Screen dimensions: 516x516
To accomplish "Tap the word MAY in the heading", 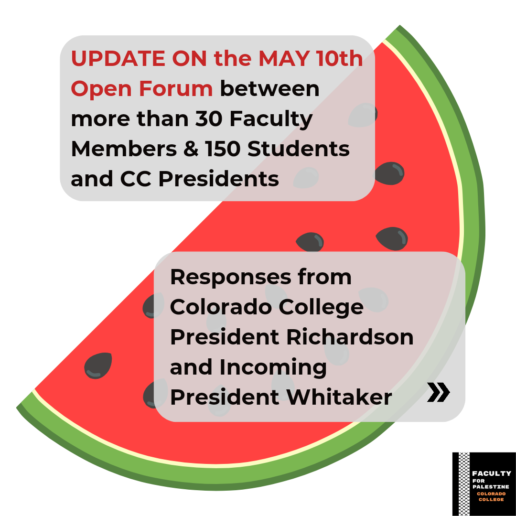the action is click(284, 58).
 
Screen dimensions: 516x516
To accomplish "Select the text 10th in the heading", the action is click(339, 58).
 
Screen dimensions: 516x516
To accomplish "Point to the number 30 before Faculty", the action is click(209, 118).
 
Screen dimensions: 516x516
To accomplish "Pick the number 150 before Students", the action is click(223, 149).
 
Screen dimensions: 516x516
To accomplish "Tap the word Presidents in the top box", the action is click(219, 179).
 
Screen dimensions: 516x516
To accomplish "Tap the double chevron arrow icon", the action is click(438, 392).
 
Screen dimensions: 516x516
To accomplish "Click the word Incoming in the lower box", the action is click(273, 368).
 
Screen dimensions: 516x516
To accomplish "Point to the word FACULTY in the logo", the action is click(492, 473).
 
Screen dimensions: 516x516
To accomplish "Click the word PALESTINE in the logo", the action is click(491, 487).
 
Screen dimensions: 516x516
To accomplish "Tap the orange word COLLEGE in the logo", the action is click(491, 500).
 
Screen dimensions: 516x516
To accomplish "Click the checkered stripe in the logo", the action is click(464, 484).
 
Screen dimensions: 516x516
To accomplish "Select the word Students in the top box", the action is click(299, 149).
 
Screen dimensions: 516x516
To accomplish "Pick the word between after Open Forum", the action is click(270, 88).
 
